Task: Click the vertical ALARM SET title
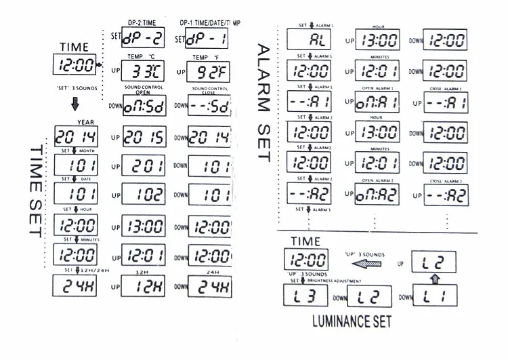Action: [x=263, y=102]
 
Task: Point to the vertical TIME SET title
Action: [x=34, y=190]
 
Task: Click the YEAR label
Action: [x=85, y=122]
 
